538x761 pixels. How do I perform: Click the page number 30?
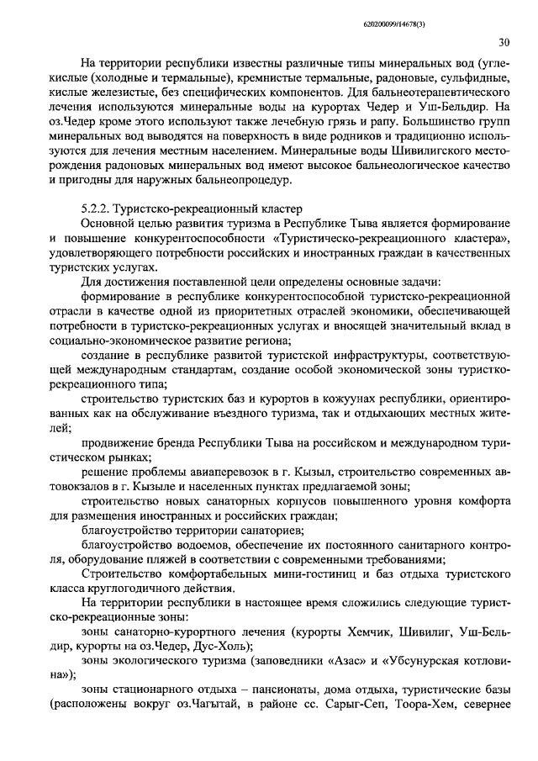503,42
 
